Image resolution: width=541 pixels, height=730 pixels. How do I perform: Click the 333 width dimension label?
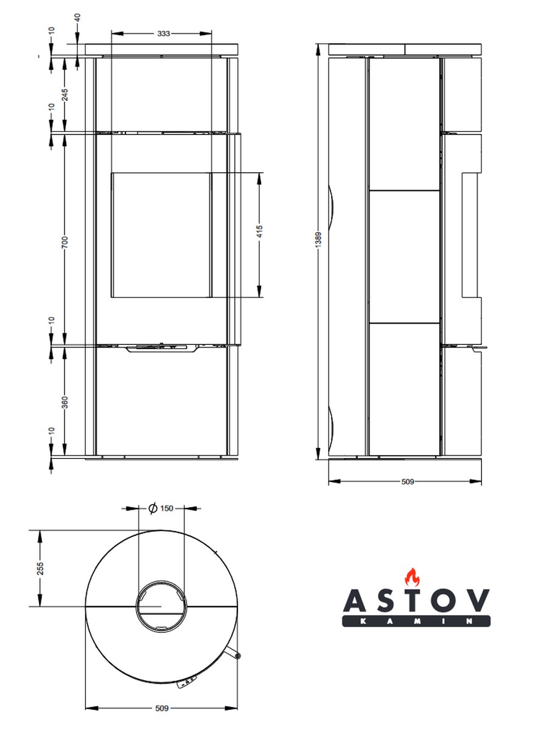point(163,33)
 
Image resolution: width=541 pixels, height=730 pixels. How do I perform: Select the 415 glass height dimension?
point(259,231)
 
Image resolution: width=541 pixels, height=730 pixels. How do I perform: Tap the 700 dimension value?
point(65,242)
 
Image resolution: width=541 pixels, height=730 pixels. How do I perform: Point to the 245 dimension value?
point(65,94)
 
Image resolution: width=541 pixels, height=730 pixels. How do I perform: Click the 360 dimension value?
point(65,402)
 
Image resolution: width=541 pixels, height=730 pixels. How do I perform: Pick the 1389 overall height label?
point(318,240)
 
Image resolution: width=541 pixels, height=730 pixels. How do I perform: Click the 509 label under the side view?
point(407,482)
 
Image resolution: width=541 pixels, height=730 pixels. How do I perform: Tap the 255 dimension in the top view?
point(40,568)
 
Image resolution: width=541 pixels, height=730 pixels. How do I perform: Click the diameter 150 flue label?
point(161,509)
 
